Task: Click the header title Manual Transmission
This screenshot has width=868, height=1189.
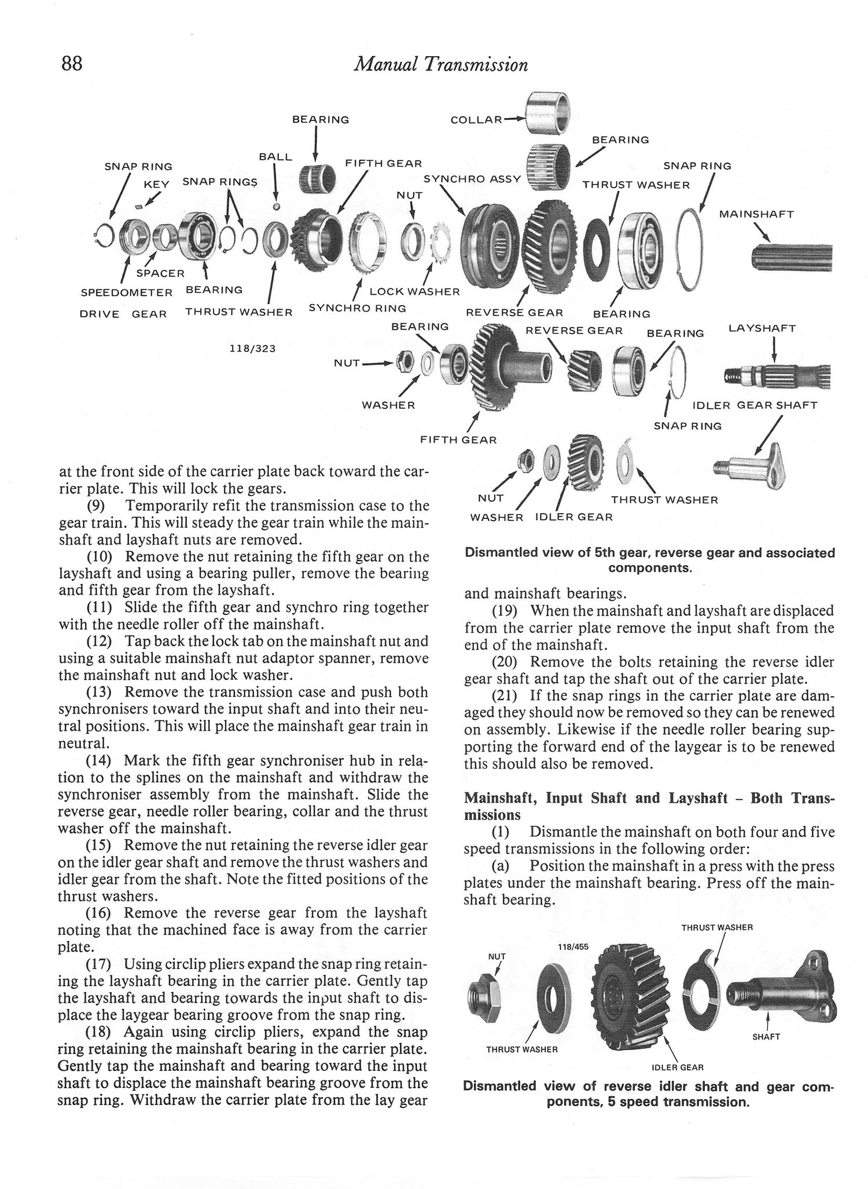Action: tap(441, 64)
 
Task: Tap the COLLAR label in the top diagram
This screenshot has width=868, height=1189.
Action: tap(476, 120)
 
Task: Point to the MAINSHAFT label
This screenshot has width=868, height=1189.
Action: tap(756, 214)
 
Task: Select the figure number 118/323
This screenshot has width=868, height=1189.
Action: tap(252, 348)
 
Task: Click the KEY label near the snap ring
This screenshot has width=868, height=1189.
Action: tap(156, 184)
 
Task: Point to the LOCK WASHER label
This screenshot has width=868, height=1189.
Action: tap(414, 291)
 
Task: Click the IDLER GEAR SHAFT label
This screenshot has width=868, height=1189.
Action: tap(755, 405)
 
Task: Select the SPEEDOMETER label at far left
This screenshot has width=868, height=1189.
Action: tap(126, 292)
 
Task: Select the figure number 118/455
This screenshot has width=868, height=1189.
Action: tap(572, 947)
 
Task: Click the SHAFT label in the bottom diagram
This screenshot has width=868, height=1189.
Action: tap(766, 1037)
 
